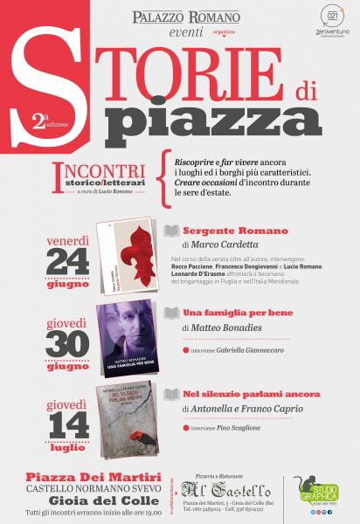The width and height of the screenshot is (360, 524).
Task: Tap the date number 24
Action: tap(67, 259)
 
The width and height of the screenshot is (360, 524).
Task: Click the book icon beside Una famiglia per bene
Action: tap(171, 313)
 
